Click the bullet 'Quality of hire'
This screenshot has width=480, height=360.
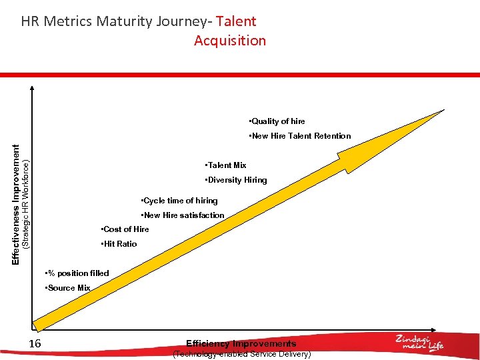click(277, 121)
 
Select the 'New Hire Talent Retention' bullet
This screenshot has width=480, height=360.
click(299, 136)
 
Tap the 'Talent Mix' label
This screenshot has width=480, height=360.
click(226, 165)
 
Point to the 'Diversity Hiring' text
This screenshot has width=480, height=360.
click(236, 180)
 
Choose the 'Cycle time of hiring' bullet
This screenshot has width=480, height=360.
click(179, 201)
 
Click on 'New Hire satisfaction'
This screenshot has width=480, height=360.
click(183, 215)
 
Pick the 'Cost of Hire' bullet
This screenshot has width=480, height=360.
click(125, 229)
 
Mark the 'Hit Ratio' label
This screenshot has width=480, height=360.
click(119, 244)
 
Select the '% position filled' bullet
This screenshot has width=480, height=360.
click(76, 273)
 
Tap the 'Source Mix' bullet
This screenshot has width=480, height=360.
click(67, 288)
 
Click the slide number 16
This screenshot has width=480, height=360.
click(35, 343)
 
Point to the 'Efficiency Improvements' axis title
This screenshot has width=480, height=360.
click(241, 344)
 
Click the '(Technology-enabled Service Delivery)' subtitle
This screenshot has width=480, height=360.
click(241, 355)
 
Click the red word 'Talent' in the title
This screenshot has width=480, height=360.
click(236, 21)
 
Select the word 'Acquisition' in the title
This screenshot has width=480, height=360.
click(230, 41)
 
